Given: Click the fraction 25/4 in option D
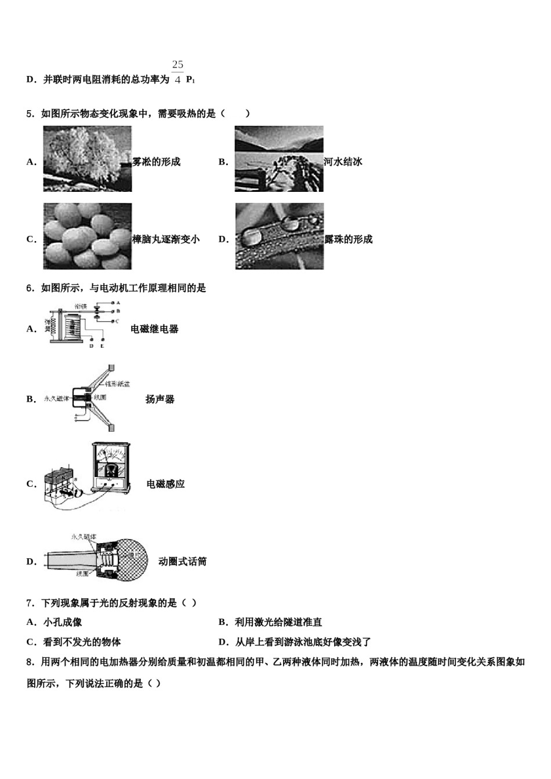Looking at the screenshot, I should [177, 72].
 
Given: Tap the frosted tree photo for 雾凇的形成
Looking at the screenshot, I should [87, 159].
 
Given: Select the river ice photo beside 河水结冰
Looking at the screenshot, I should [279, 159].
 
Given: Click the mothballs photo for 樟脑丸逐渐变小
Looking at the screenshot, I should [87, 236].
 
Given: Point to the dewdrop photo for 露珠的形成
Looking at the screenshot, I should [279, 236].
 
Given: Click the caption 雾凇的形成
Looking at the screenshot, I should [157, 162].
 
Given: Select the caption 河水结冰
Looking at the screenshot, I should [343, 162].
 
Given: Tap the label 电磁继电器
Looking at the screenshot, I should [154, 329].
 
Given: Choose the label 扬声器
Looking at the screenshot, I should [159, 399].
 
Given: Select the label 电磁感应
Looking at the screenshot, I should [165, 484].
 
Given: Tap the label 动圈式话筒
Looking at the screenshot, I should [182, 562].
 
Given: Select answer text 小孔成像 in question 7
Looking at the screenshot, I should [63, 623].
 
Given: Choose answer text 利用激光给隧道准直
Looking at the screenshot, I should [278, 623].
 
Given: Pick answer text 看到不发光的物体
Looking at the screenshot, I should [82, 642].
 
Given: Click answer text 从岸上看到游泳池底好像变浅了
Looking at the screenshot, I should [302, 642].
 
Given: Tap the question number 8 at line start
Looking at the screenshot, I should [30, 662].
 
